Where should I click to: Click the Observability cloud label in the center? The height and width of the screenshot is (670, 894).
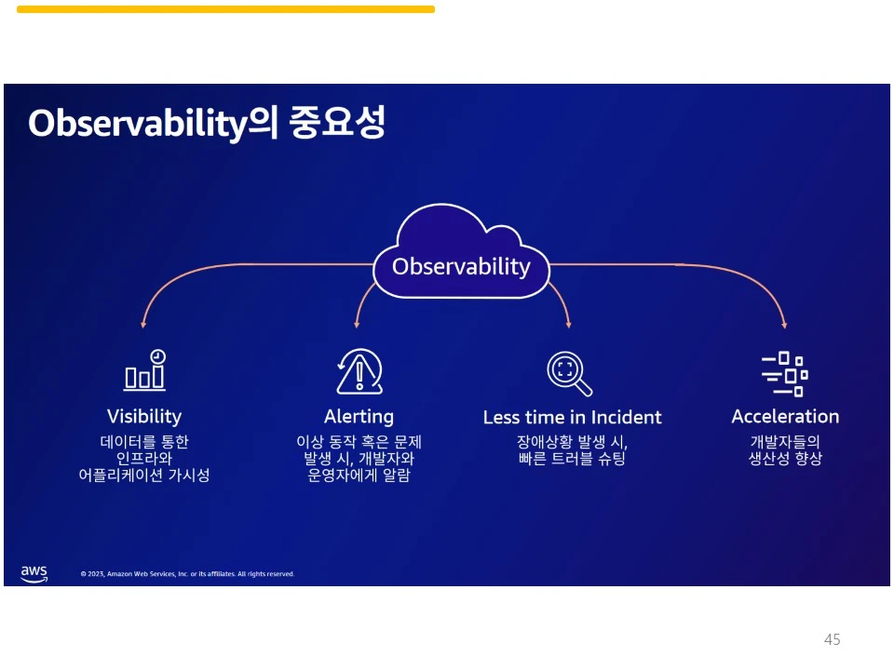[x=461, y=267]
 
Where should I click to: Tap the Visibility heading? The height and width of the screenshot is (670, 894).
[x=144, y=417]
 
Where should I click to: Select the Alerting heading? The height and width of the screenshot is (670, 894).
[x=359, y=417]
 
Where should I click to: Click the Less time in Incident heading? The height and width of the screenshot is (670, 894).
[x=572, y=417]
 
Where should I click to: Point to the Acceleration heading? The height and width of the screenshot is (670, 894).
[x=785, y=417]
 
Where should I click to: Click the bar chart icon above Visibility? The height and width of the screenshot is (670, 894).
[x=145, y=370]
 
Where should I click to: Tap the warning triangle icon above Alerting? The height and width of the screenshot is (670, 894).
[x=359, y=371]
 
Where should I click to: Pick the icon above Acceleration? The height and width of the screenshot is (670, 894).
[x=785, y=374]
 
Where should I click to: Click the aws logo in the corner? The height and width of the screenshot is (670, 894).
[x=34, y=574]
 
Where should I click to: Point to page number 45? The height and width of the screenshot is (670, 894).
[x=832, y=639]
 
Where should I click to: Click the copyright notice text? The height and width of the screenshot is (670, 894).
[x=187, y=574]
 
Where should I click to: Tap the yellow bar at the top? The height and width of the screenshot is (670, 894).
[x=225, y=9]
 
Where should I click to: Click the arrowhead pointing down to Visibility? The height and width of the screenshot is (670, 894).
[x=143, y=324]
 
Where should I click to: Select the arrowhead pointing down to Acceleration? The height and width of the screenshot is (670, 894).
[x=784, y=325]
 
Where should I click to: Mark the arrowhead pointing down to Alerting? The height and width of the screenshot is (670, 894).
[x=357, y=324]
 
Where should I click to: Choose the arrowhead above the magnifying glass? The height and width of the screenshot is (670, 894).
[x=568, y=324]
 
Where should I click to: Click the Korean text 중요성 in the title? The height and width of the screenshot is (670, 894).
[x=337, y=122]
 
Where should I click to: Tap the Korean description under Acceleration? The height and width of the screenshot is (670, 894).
[x=785, y=450]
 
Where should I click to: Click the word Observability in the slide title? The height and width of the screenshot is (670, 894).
[x=138, y=123]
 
